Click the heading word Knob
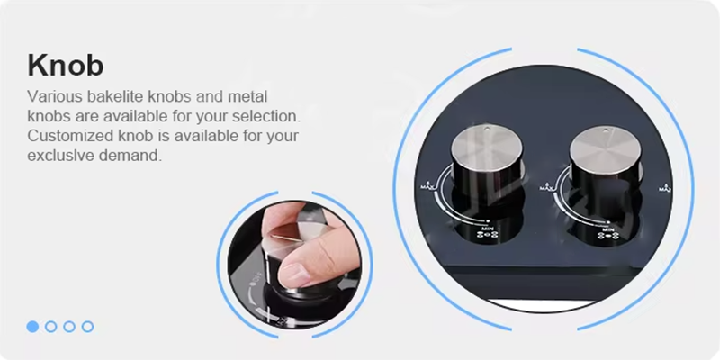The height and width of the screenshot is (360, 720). (x=66, y=65)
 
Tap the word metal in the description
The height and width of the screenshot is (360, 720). (x=247, y=97)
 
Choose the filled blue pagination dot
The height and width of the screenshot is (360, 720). (x=32, y=327)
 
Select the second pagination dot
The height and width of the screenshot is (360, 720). (x=51, y=327)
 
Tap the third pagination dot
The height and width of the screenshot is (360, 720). (x=69, y=327)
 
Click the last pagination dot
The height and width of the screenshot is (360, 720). (x=87, y=327)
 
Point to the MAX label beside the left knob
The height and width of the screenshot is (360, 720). (x=427, y=186)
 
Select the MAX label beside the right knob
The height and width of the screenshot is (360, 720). (x=546, y=186)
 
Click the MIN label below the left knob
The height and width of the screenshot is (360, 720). (x=488, y=228)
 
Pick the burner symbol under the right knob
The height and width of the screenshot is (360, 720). (x=606, y=236)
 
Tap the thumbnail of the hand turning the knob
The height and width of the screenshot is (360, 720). (x=294, y=265)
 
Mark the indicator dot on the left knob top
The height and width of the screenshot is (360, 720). (x=488, y=129)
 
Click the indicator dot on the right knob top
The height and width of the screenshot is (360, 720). (x=605, y=131)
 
